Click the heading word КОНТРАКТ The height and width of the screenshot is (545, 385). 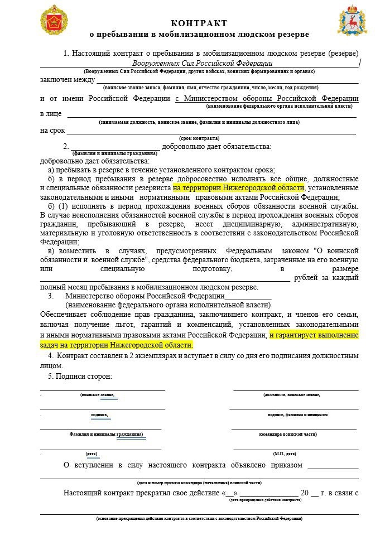(199, 23)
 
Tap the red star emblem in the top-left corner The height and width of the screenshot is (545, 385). (54, 20)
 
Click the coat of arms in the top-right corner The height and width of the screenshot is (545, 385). (352, 20)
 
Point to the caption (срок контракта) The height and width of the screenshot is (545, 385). (199, 138)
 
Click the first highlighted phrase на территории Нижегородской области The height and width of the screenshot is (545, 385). (238, 188)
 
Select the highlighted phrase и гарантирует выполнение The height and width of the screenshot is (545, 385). (314, 335)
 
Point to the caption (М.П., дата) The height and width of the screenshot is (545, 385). (285, 454)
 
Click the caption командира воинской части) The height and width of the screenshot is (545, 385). (288, 434)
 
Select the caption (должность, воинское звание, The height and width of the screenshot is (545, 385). (291, 395)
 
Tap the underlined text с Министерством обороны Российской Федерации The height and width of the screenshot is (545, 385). (267, 98)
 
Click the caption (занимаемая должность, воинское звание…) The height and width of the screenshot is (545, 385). (199, 122)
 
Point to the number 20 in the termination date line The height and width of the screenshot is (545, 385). (305, 493)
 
